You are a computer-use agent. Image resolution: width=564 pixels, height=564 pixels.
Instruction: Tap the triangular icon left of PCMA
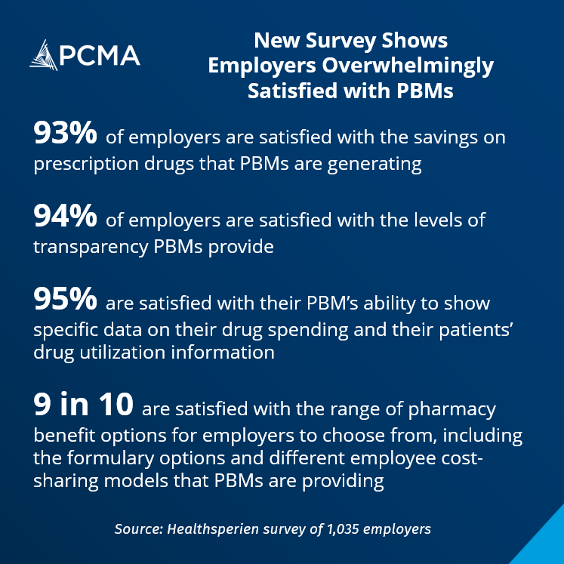tap(44, 55)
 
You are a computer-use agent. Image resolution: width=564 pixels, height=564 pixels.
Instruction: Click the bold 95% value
tap(64, 300)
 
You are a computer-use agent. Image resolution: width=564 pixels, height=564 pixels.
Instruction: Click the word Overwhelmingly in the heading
tap(425, 66)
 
